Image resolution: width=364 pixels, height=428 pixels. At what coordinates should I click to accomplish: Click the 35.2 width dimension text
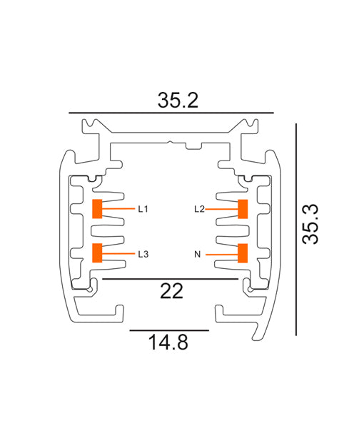[177, 101]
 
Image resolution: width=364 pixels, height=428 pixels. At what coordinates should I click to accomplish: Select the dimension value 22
[172, 291]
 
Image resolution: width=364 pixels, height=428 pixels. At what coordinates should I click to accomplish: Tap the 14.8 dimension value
[168, 343]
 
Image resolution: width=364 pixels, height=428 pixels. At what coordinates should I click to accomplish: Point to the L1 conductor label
[143, 209]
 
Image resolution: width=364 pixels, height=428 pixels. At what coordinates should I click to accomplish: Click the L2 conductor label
[199, 209]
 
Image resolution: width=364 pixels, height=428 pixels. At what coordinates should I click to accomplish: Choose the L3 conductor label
[143, 254]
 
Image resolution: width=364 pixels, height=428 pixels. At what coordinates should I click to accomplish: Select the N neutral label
[198, 254]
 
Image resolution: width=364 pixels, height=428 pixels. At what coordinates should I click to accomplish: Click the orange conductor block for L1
[97, 209]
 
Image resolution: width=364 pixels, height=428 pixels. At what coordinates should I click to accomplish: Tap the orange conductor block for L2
[243, 209]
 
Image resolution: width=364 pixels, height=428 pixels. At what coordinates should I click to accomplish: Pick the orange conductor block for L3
[97, 253]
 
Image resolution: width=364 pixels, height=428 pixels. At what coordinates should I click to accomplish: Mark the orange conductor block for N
[243, 253]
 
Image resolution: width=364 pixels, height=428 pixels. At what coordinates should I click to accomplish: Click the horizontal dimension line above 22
[171, 279]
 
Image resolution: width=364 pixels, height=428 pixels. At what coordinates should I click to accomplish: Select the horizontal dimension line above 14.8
[169, 331]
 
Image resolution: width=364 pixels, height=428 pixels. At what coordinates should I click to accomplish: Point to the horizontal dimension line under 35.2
[171, 113]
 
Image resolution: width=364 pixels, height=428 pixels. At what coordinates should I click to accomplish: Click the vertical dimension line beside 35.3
[296, 228]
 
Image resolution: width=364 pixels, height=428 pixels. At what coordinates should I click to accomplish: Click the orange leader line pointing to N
[222, 254]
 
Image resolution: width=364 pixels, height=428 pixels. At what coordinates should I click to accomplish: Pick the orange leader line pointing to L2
[222, 209]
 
